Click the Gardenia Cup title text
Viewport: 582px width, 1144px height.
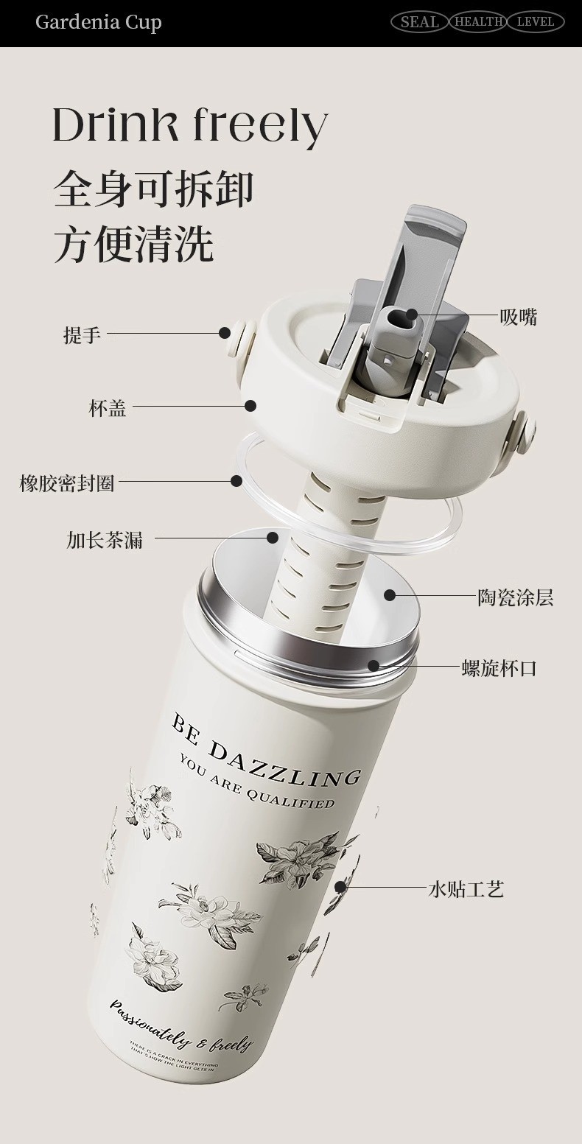point(98,22)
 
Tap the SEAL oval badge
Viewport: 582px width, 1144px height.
point(419,22)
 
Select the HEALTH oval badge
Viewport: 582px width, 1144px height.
point(478,22)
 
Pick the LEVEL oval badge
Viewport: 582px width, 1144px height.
point(535,22)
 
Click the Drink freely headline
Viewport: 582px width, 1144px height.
point(189,124)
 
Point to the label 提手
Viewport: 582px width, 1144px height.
point(82,335)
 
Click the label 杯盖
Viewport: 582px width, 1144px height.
point(108,407)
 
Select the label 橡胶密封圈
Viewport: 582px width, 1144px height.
point(67,483)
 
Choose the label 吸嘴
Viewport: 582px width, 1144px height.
point(519,317)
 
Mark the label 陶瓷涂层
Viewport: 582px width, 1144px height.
point(515,597)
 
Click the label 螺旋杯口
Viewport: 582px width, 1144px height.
point(499,668)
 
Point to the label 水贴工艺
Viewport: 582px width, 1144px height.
point(466,889)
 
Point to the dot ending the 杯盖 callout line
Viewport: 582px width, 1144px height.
point(250,405)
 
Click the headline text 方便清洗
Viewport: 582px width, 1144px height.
point(133,245)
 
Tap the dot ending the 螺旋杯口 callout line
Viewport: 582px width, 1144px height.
point(374,666)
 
